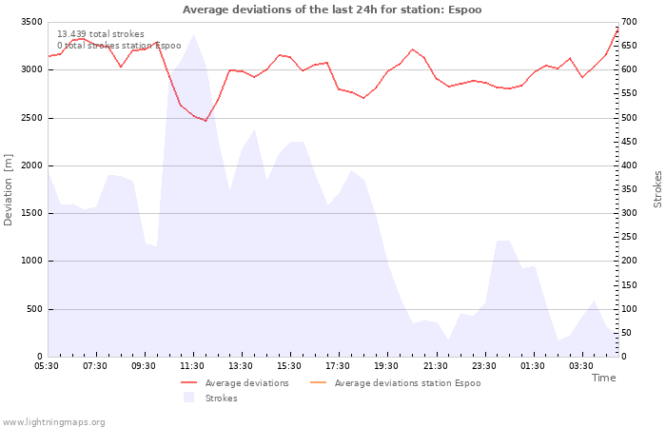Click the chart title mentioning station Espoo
click(x=332, y=10)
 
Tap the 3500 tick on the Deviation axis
click(x=31, y=22)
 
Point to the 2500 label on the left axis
click(x=31, y=118)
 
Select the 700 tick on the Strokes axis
click(x=629, y=22)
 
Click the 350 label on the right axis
click(x=629, y=189)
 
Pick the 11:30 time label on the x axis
click(x=192, y=366)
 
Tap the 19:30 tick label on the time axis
click(x=386, y=366)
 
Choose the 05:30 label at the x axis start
click(x=47, y=366)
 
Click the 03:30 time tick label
click(x=580, y=366)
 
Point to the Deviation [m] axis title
click(x=8, y=190)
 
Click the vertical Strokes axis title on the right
click(x=657, y=189)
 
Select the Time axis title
click(x=603, y=378)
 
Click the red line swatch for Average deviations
click(x=189, y=382)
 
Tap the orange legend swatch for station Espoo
click(x=319, y=382)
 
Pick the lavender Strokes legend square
click(x=189, y=398)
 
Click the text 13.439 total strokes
click(x=101, y=34)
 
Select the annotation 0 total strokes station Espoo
click(x=119, y=46)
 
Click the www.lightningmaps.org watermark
click(x=53, y=422)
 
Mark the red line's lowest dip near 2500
click(x=206, y=121)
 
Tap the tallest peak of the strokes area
click(x=194, y=34)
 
